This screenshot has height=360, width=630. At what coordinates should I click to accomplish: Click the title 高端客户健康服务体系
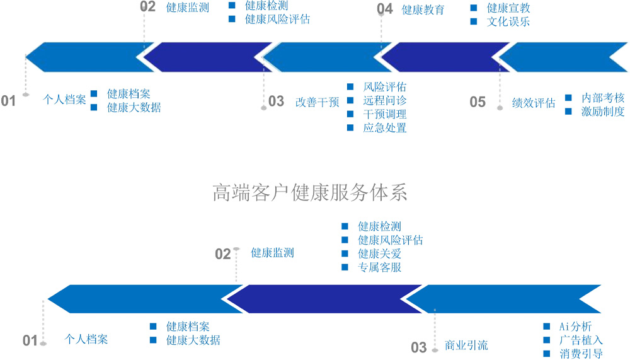click(310, 192)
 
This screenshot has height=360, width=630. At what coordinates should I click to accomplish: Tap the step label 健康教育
click(423, 10)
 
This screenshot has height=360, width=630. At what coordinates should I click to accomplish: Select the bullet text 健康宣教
click(508, 8)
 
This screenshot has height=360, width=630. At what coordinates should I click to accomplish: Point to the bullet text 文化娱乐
click(508, 22)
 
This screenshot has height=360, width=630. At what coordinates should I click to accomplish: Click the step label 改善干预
click(317, 102)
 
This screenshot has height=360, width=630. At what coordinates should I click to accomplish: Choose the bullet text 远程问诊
click(385, 101)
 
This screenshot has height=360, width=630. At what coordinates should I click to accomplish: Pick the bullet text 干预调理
click(385, 115)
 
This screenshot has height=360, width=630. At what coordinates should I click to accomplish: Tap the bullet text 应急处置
click(385, 128)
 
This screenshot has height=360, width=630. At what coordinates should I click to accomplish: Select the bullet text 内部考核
click(603, 98)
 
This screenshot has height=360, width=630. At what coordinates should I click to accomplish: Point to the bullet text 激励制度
click(603, 112)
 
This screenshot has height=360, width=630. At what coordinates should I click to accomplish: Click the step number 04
click(385, 9)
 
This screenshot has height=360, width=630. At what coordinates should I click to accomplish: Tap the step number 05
click(478, 102)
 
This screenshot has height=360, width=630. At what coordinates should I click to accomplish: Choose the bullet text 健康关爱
click(379, 254)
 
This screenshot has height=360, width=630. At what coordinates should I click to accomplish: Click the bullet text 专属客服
click(379, 267)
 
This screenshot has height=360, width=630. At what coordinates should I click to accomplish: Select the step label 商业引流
click(466, 345)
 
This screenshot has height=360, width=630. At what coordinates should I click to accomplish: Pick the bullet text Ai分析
click(576, 327)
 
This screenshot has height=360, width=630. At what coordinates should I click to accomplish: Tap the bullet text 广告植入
click(581, 340)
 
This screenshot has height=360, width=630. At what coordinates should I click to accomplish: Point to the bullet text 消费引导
click(581, 354)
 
